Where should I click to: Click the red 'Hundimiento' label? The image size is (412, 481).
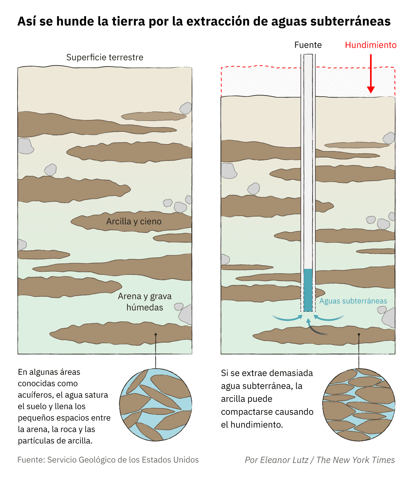(x=370, y=45)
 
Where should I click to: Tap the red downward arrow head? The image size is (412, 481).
(x=371, y=90)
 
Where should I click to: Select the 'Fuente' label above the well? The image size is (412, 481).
(x=308, y=45)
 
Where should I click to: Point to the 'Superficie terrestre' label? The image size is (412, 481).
(x=105, y=57)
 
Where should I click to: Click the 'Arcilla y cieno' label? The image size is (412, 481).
(x=134, y=221)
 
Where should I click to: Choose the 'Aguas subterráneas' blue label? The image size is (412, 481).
(x=353, y=301)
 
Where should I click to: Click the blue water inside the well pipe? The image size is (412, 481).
(x=308, y=290)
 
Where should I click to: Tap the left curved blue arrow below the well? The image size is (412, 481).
(x=287, y=317)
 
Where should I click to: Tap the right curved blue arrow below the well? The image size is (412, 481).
(x=329, y=317)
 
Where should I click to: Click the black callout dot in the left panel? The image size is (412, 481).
(x=155, y=334)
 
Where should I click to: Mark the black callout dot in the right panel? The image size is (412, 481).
(x=359, y=334)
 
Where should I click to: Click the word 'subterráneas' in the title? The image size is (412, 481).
(x=350, y=21)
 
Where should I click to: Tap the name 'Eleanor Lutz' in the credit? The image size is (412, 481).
(x=284, y=460)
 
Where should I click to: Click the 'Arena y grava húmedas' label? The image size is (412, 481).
(x=145, y=302)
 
